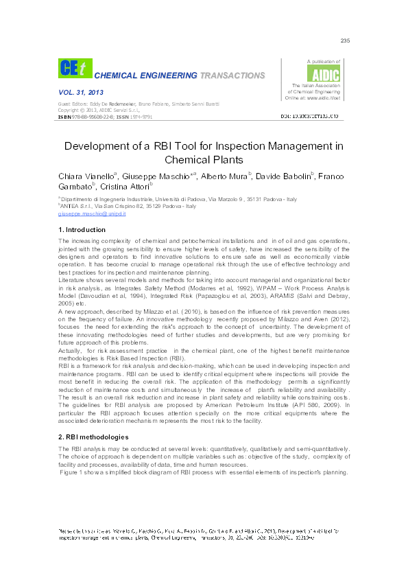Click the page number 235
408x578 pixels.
coord(345,41)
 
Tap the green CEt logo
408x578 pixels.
coord(73,68)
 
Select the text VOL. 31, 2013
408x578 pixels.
coord(76,91)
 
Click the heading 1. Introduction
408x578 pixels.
coord(82,229)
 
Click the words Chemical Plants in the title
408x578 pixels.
coord(204,161)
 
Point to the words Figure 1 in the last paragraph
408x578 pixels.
coord(71,472)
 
